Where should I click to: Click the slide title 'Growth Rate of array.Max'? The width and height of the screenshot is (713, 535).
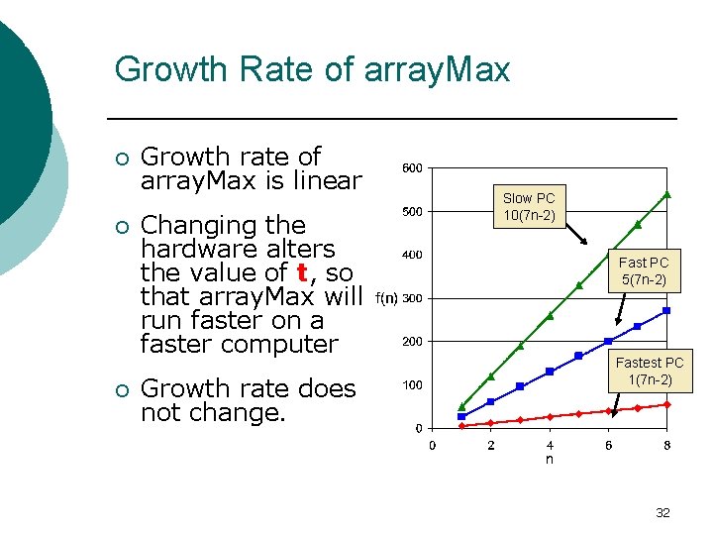(x=312, y=69)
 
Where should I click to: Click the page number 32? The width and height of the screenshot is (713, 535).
(x=662, y=512)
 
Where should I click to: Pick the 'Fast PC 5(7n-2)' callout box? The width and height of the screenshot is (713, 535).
(x=644, y=271)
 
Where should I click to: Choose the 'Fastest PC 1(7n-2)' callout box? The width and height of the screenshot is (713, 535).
(x=650, y=372)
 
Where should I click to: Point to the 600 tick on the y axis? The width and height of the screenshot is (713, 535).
(x=411, y=167)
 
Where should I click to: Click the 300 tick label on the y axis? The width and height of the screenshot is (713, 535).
(x=411, y=298)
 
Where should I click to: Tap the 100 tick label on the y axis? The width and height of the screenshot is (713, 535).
(x=411, y=384)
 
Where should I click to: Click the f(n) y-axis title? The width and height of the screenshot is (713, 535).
(x=386, y=298)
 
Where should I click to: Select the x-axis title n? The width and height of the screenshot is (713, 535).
(x=550, y=460)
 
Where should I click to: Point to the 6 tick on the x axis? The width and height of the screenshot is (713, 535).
(x=608, y=446)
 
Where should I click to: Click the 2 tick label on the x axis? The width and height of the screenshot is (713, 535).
(x=490, y=446)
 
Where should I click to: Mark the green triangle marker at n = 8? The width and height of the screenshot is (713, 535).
(x=667, y=194)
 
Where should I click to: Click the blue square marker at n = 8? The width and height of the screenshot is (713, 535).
(x=667, y=310)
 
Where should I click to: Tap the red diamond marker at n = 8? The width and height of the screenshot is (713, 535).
(x=667, y=404)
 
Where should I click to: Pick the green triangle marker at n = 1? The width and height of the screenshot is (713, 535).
(x=461, y=406)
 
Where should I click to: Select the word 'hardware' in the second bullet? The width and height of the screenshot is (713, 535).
(x=238, y=249)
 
